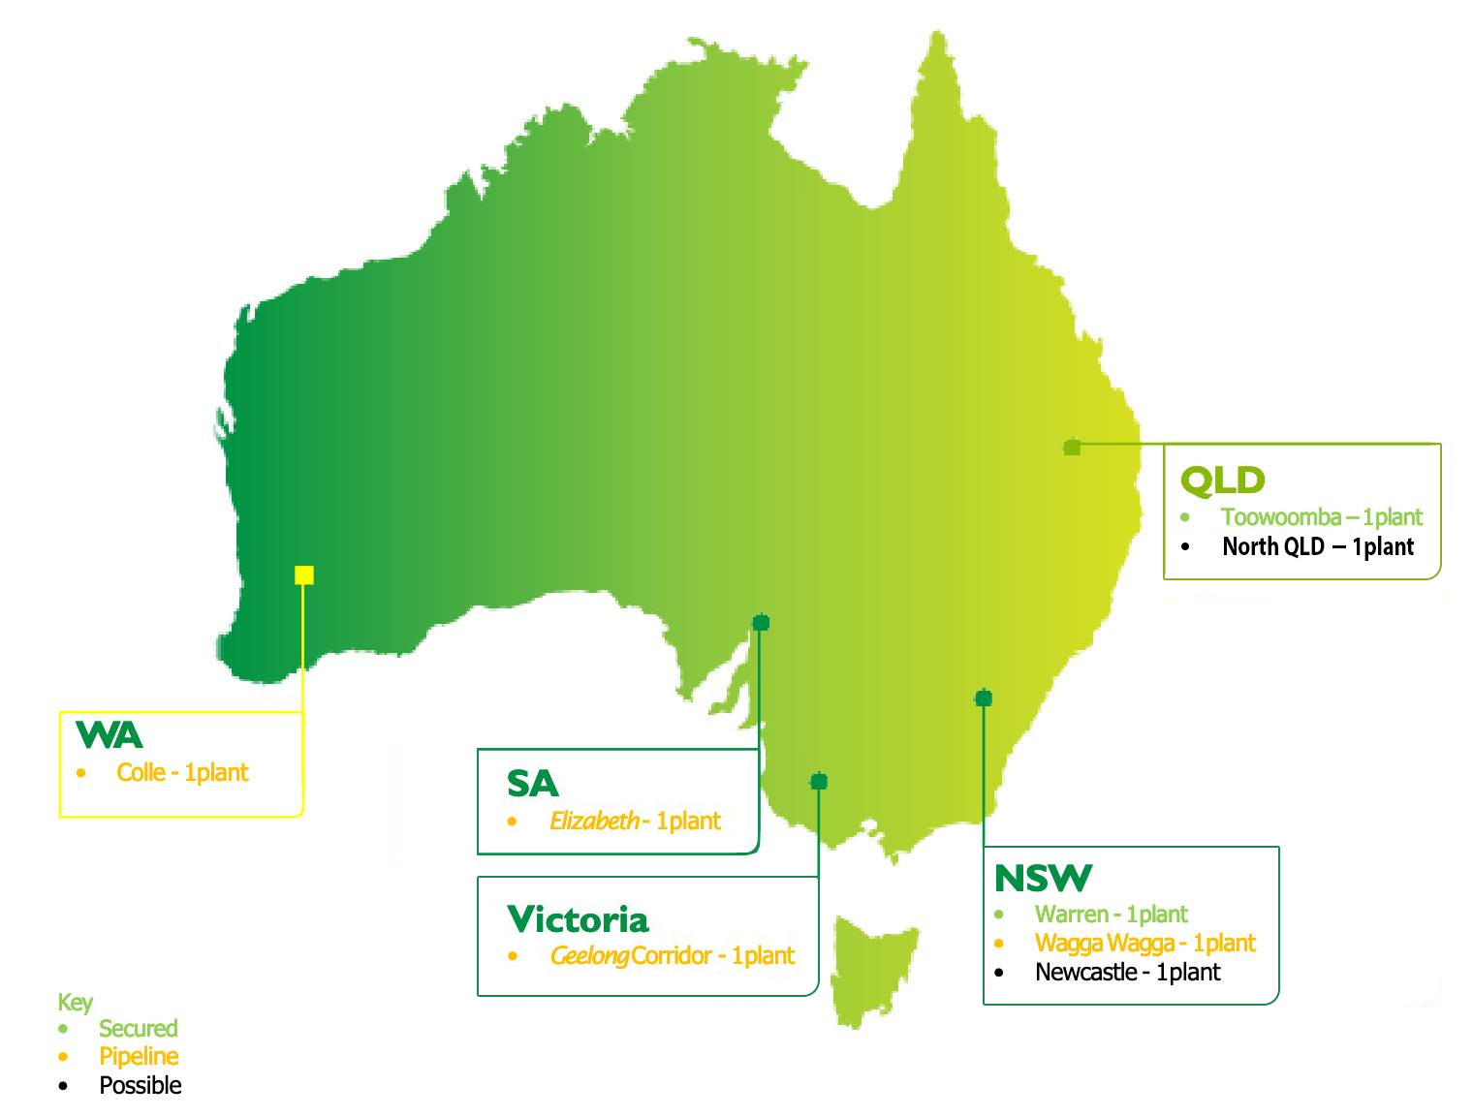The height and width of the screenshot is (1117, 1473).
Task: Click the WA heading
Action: pyautogui.click(x=109, y=735)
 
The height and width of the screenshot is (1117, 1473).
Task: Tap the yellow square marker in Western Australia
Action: pyautogui.click(x=304, y=575)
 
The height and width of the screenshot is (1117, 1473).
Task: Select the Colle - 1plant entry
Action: pyautogui.click(x=182, y=773)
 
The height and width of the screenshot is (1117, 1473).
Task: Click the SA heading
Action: pyautogui.click(x=532, y=784)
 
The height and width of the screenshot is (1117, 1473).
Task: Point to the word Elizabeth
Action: pyautogui.click(x=593, y=822)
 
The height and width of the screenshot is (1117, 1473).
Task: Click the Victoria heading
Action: pyautogui.click(x=578, y=918)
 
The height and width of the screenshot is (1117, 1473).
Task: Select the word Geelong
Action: pyautogui.click(x=589, y=956)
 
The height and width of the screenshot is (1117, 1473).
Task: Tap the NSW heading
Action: pyautogui.click(x=1042, y=879)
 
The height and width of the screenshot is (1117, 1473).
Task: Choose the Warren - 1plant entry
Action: pyautogui.click(x=1111, y=915)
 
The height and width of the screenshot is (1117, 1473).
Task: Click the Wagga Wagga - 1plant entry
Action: pyautogui.click(x=1144, y=944)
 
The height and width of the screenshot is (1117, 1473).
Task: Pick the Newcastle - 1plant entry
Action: pyautogui.click(x=1127, y=973)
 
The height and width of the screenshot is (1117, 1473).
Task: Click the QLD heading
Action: pyautogui.click(x=1222, y=480)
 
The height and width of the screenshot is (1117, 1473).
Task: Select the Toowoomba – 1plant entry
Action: pyautogui.click(x=1321, y=517)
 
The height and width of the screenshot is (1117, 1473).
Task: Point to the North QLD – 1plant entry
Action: pyautogui.click(x=1317, y=547)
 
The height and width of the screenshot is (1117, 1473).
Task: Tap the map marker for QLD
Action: pyautogui.click(x=1072, y=447)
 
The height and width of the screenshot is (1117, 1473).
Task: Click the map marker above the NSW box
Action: pyautogui.click(x=984, y=698)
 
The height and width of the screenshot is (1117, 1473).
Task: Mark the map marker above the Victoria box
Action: pyautogui.click(x=819, y=781)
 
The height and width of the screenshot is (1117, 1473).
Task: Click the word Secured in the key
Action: pyautogui.click(x=139, y=1029)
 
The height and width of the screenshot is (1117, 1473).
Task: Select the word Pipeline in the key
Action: pyautogui.click(x=139, y=1057)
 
